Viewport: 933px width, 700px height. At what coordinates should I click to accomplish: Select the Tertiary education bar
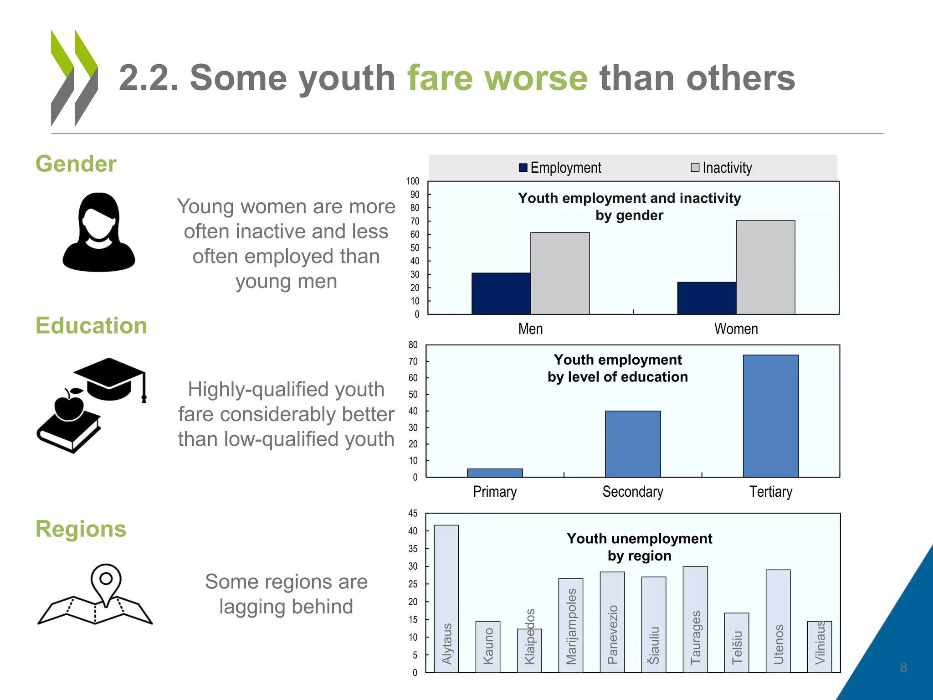click(770, 416)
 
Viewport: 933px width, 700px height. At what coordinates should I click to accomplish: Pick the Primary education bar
click(495, 473)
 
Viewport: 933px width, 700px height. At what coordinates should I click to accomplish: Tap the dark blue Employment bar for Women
click(707, 298)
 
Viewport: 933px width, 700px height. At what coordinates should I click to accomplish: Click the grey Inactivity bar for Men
click(560, 273)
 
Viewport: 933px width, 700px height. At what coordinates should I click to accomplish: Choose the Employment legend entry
click(560, 168)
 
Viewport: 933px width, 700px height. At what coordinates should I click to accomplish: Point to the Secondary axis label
click(633, 492)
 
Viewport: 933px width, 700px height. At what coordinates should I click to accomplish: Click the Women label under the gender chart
click(736, 329)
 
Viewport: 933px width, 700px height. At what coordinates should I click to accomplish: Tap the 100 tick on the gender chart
click(413, 181)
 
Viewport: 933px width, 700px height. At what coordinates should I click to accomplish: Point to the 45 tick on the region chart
click(413, 514)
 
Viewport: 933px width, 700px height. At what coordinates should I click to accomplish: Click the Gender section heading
click(76, 164)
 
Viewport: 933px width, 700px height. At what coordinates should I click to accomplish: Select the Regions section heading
click(81, 529)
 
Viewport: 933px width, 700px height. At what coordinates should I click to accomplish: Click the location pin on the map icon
click(106, 581)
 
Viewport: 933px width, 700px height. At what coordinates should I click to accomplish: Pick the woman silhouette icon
click(99, 232)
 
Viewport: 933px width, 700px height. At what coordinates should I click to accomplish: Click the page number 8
click(903, 668)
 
